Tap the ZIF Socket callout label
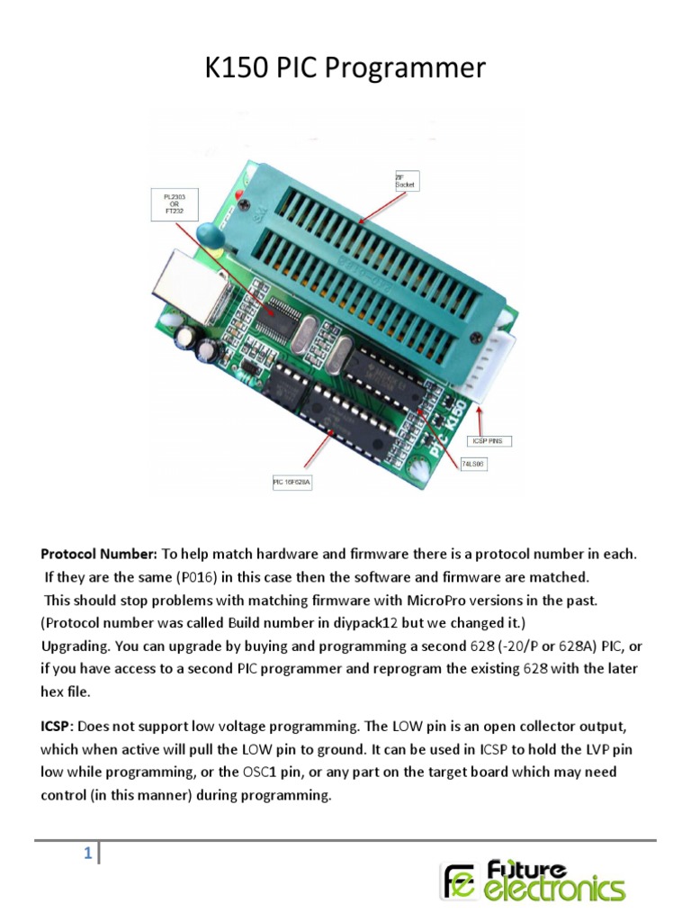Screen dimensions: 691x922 (x=407, y=180)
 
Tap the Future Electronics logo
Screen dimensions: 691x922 (x=532, y=880)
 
